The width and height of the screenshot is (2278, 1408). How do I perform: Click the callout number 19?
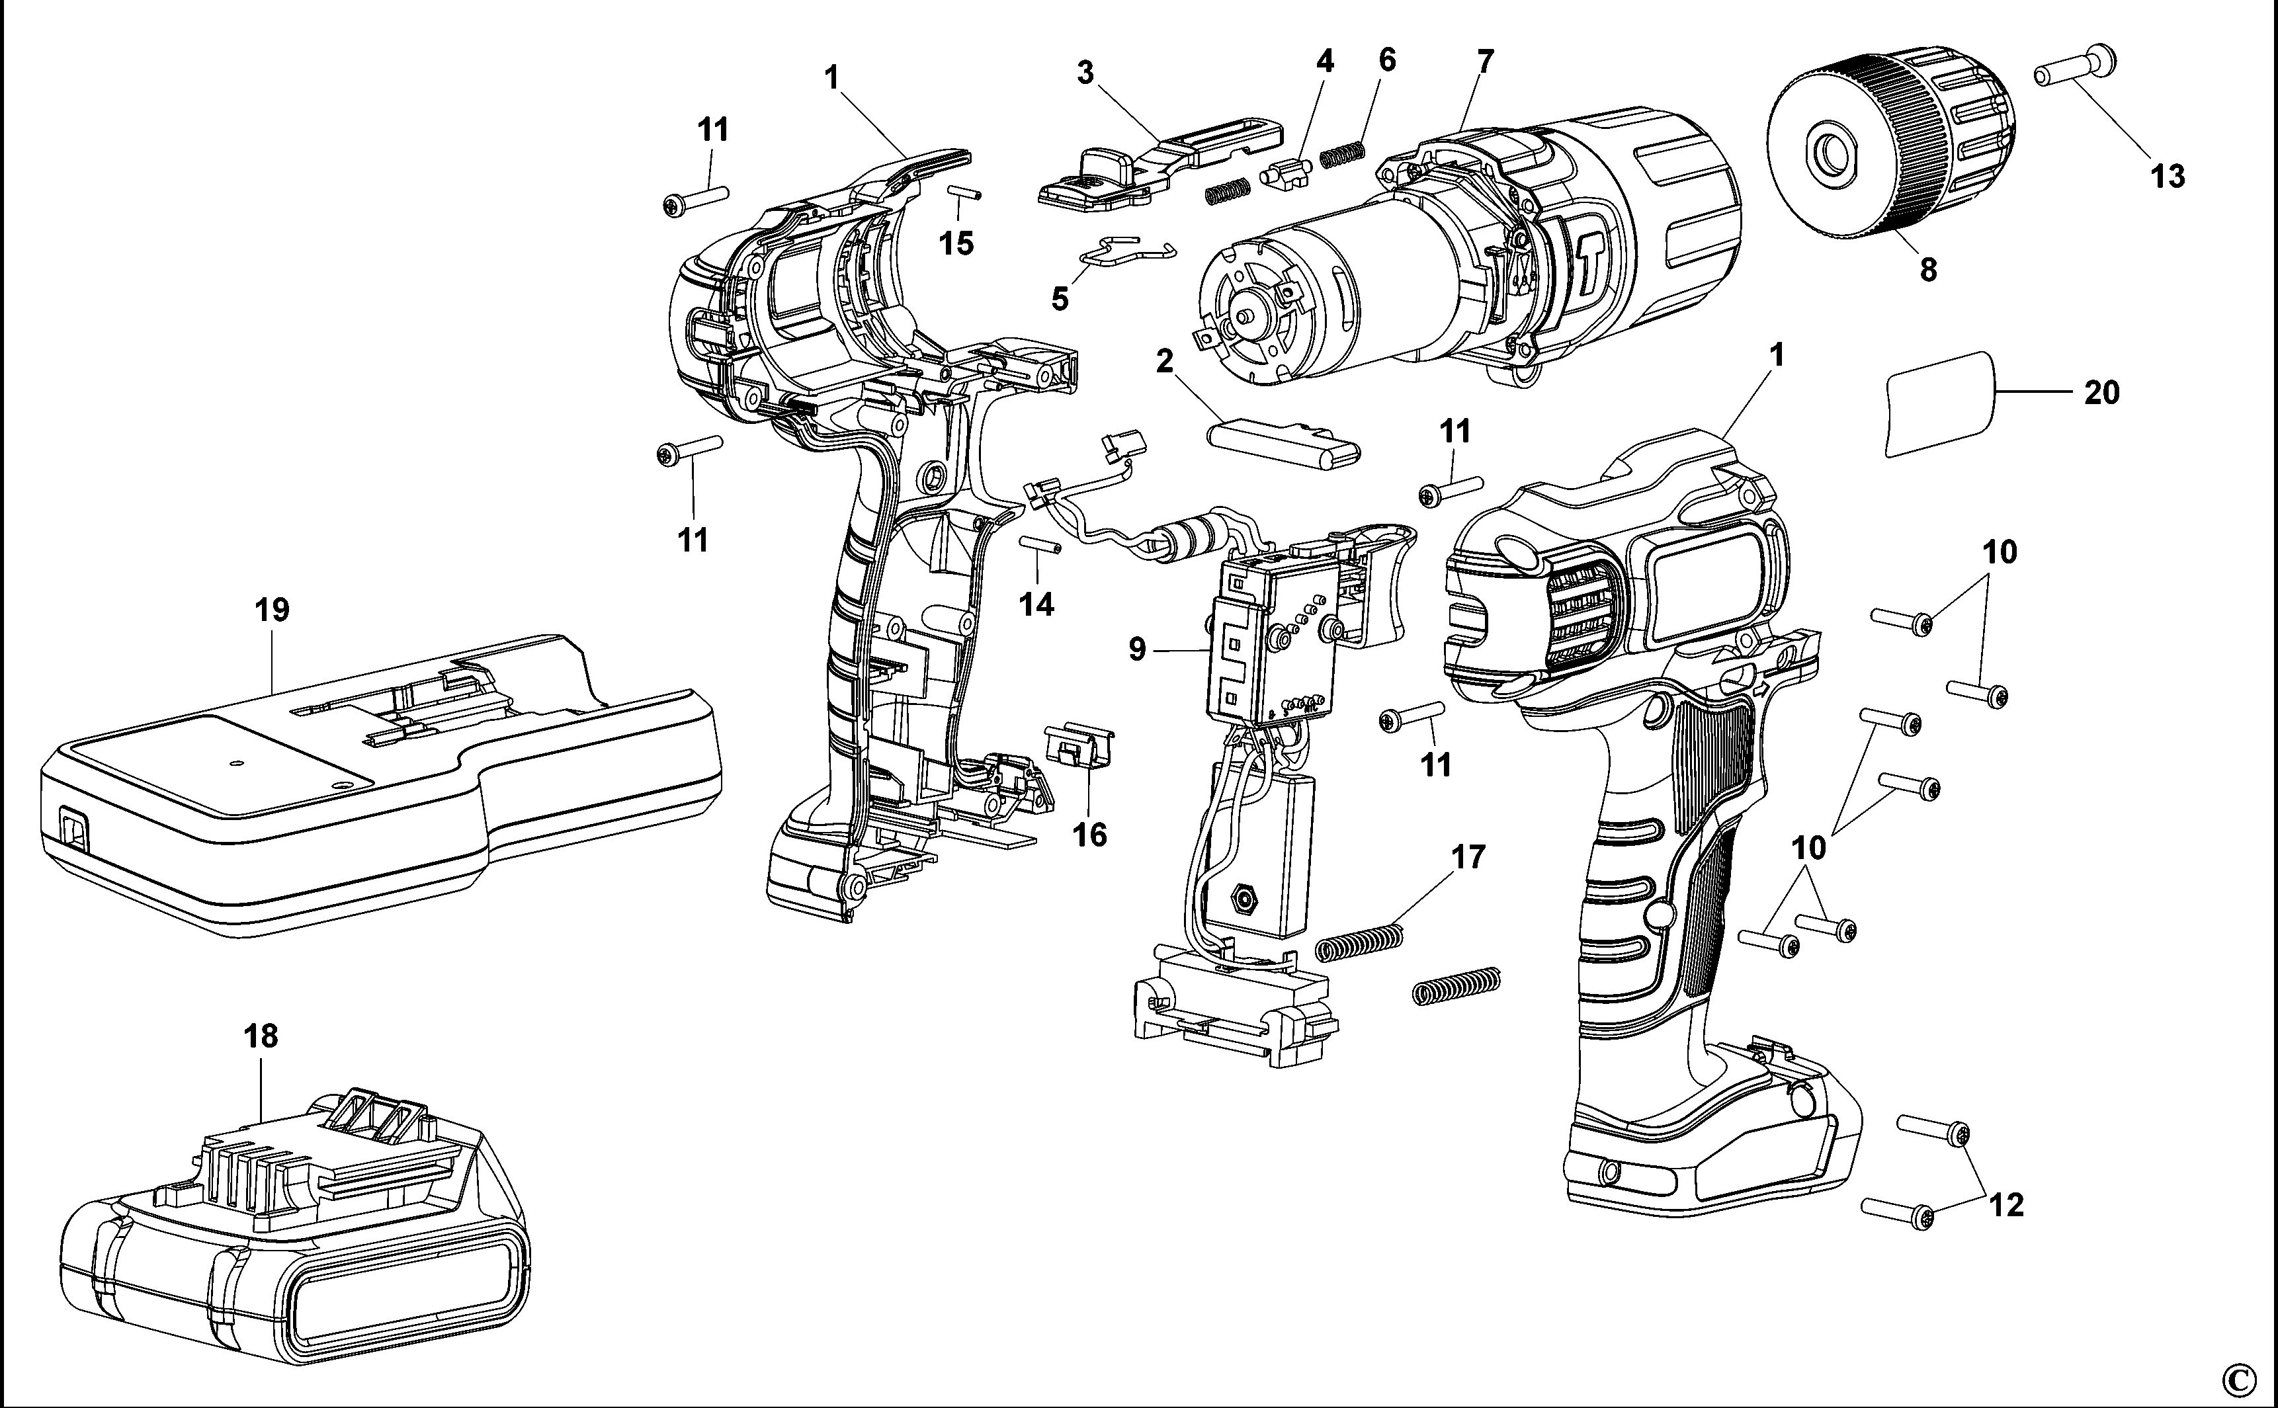pos(271,611)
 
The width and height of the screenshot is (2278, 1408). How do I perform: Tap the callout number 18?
pos(260,1036)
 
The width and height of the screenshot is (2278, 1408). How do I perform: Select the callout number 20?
pos(2100,393)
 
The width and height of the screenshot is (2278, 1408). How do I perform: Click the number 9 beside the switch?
pos(1136,649)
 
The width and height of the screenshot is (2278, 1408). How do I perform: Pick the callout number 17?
pos(1468,856)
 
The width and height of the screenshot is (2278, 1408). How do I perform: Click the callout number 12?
pos(2006,1205)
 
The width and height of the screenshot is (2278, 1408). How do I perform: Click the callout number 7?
pos(1484,62)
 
